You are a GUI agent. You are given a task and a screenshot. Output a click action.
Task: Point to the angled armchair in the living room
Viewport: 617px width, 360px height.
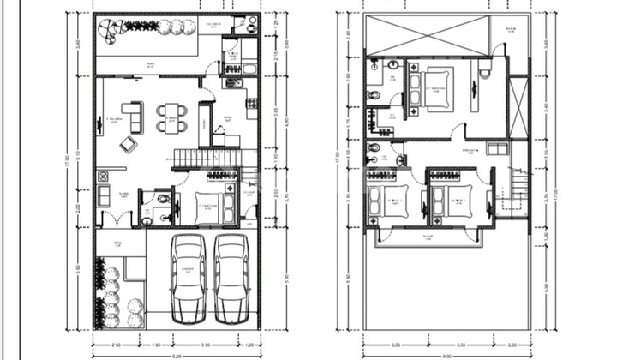(129, 143)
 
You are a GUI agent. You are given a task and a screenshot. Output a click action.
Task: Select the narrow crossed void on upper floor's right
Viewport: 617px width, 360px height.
(519, 106)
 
